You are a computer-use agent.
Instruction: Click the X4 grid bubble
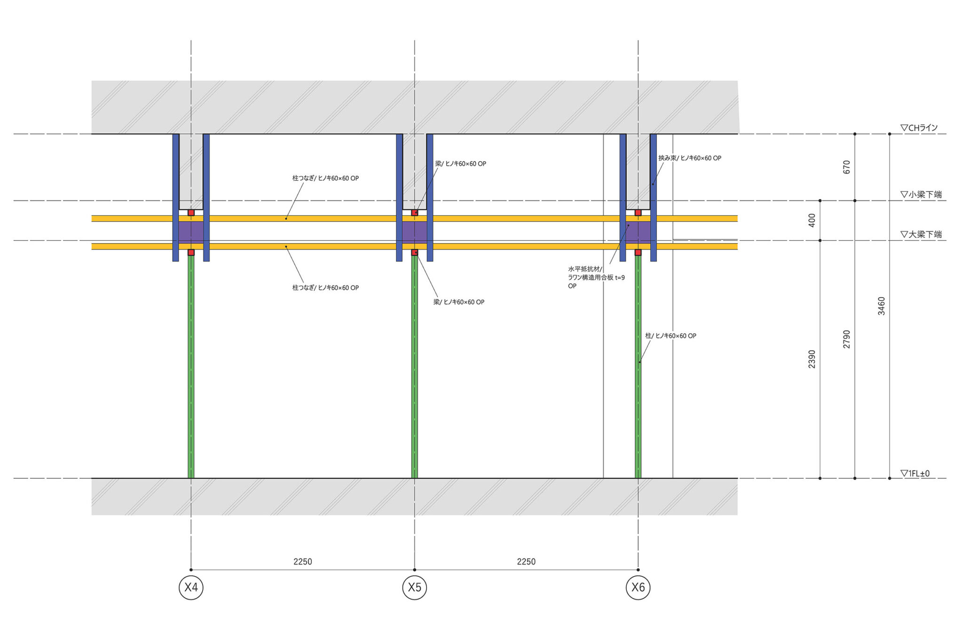tap(191, 587)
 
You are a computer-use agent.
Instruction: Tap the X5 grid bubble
tap(414, 587)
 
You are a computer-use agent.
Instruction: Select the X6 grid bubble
tap(638, 587)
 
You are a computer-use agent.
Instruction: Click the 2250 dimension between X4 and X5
tap(302, 562)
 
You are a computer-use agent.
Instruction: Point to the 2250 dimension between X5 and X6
tap(526, 562)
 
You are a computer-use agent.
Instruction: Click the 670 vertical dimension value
tap(847, 167)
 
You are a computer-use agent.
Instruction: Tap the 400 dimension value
tap(812, 220)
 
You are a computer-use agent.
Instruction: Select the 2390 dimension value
tap(812, 359)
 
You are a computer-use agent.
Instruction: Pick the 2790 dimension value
tap(847, 339)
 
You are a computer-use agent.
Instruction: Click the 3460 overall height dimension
tap(882, 306)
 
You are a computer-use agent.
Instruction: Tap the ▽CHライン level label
tap(919, 127)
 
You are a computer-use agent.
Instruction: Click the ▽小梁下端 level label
tap(921, 194)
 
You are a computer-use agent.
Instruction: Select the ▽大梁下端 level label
tap(921, 234)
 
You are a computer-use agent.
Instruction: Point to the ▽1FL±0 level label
tap(915, 473)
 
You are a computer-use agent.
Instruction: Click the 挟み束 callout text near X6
tap(689, 158)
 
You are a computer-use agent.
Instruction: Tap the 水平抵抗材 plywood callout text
tap(596, 277)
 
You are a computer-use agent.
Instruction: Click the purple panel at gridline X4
tap(191, 232)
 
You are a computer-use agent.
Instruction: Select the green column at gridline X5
tap(414, 367)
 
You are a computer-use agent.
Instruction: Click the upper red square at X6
tap(638, 213)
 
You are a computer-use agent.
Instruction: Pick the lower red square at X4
tap(191, 253)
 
